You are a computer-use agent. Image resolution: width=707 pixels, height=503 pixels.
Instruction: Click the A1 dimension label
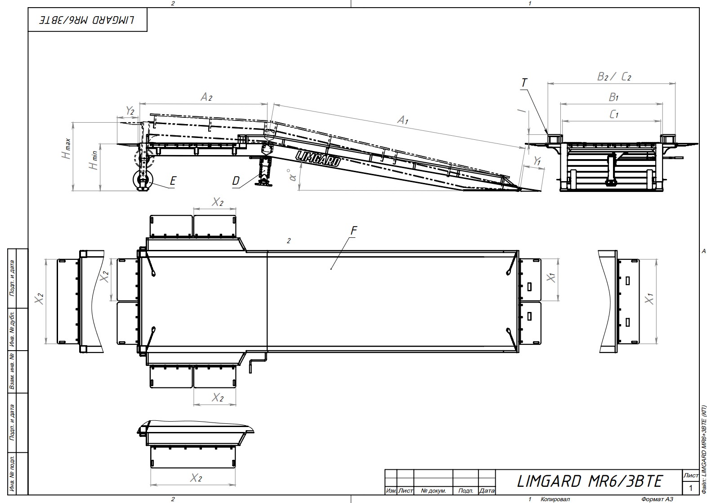(x=403, y=120)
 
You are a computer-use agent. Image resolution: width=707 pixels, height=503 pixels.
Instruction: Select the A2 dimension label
(x=206, y=97)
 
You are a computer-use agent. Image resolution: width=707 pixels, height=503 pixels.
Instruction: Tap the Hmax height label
(x=66, y=149)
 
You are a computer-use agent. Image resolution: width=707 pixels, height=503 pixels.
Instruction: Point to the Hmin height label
(x=94, y=160)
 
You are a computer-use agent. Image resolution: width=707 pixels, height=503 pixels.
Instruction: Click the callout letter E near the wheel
(x=173, y=181)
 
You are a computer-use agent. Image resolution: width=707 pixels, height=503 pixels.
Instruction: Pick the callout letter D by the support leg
(x=236, y=181)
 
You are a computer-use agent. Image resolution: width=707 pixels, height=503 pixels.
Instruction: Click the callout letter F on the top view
(x=354, y=231)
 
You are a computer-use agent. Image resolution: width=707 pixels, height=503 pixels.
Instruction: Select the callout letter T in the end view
(x=524, y=83)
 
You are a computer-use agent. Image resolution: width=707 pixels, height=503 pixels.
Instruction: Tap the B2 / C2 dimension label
(x=614, y=76)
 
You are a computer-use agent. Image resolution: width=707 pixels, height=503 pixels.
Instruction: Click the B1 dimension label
(x=613, y=97)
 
